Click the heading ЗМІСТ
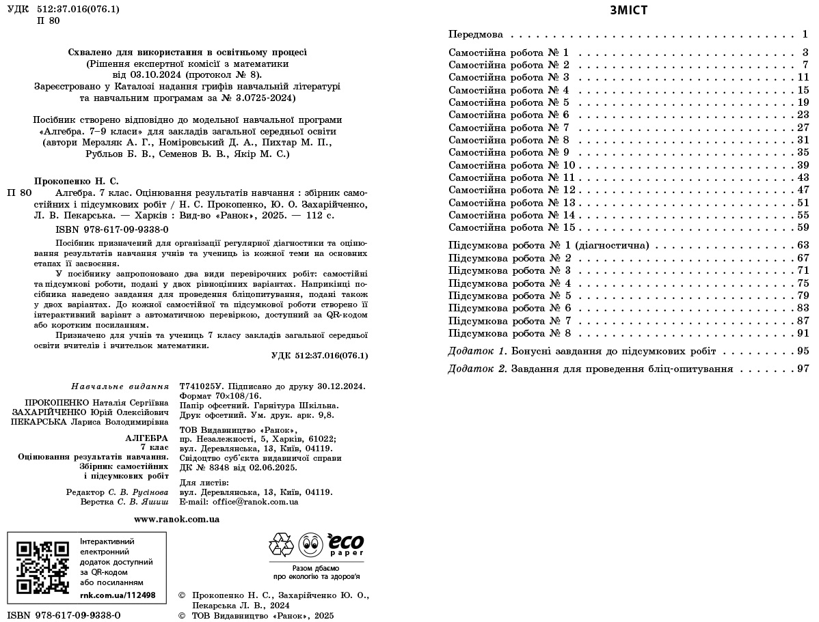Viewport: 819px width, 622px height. [628, 10]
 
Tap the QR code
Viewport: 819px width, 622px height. [42, 567]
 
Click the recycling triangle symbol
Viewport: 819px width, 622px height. [280, 545]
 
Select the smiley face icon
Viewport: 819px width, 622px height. [310, 545]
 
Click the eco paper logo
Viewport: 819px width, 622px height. [345, 544]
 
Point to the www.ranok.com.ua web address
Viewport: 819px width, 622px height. [177, 519]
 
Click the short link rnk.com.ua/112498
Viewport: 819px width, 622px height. [118, 595]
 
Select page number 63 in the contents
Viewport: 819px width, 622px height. [803, 245]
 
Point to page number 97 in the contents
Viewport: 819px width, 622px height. [803, 369]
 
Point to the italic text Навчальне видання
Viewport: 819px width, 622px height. [120, 386]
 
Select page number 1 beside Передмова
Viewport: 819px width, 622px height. [805, 34]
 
